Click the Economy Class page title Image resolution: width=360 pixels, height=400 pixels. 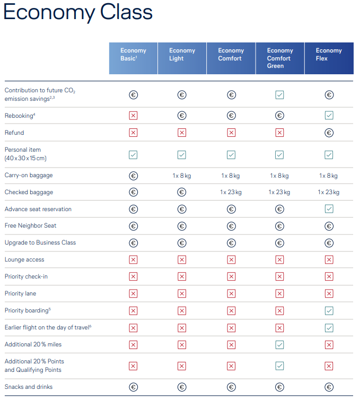[78, 13]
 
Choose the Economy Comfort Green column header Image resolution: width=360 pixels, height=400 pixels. [279, 58]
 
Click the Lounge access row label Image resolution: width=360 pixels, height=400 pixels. [24, 259]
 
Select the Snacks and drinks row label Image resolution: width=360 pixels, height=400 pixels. [29, 387]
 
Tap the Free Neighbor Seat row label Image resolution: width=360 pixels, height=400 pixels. [30, 225]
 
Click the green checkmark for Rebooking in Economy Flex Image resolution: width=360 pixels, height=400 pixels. [329, 116]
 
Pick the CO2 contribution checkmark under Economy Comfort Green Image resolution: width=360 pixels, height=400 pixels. [279, 95]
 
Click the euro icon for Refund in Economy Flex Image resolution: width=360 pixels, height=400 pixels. [329, 133]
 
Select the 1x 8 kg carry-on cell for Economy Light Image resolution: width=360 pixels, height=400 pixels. [182, 176]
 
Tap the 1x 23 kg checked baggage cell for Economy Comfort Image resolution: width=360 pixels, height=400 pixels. [231, 192]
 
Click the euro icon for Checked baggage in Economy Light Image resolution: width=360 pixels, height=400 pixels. [182, 192]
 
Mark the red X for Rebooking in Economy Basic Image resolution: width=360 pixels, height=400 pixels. [133, 116]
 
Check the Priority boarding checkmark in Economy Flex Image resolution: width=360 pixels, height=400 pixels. [329, 310]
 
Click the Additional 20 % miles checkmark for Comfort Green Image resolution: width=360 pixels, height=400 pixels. [279, 345]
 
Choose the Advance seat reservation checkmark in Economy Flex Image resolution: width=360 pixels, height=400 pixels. [329, 209]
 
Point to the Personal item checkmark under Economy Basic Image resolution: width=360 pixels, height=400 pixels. [133, 154]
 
